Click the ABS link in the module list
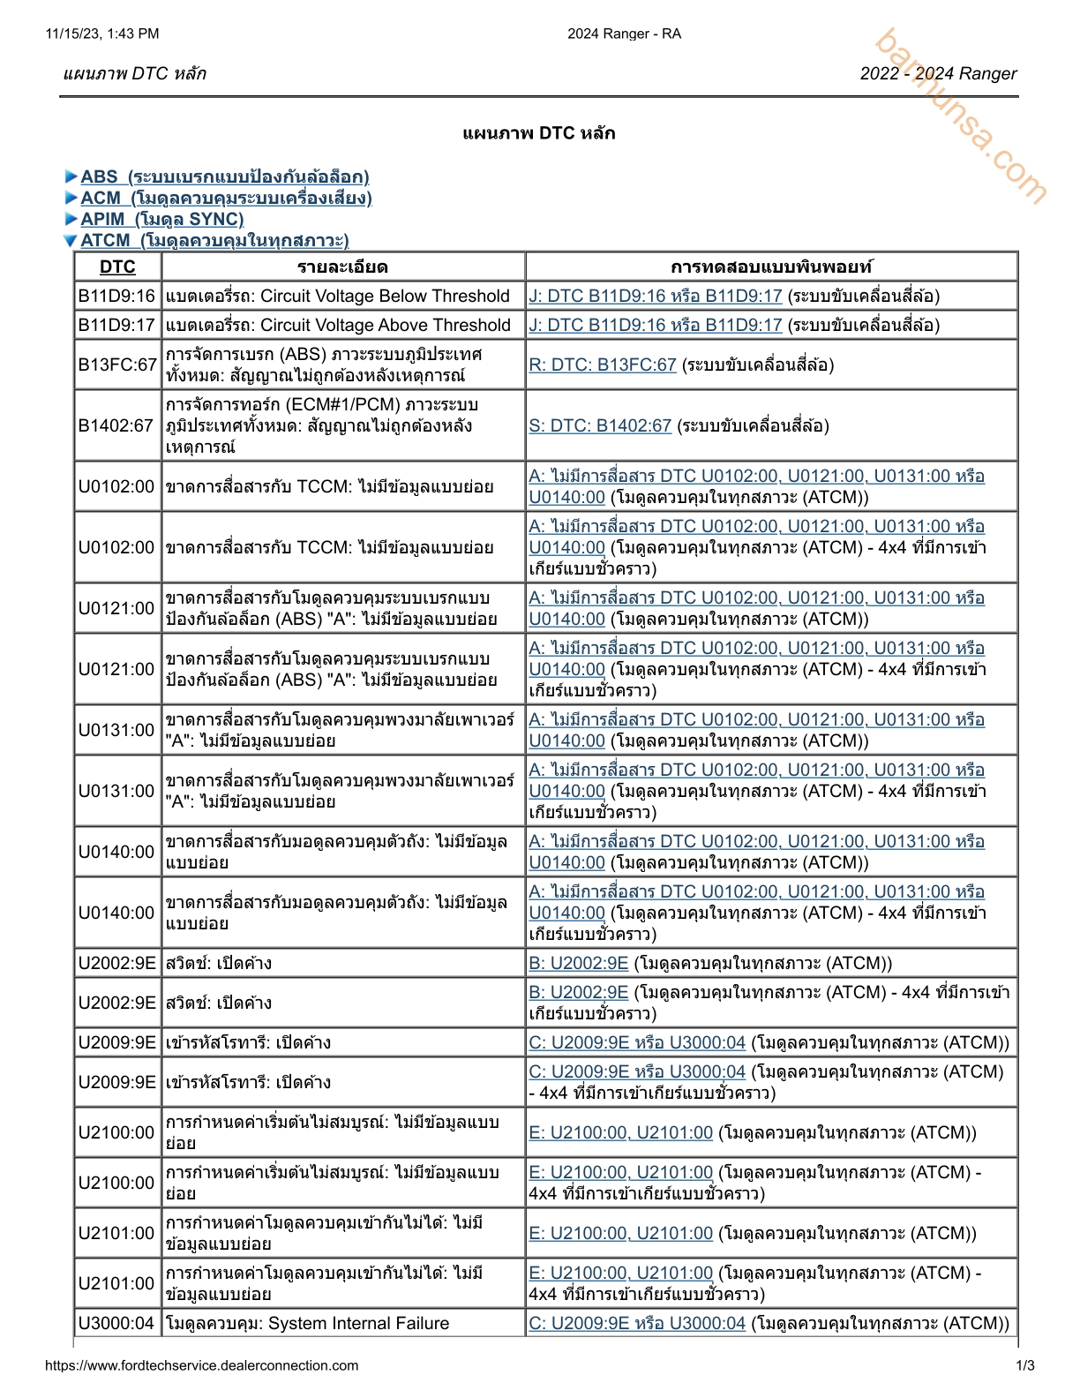coord(224,177)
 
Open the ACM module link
coord(226,198)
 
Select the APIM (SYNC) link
coord(161,219)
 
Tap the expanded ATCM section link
coord(214,240)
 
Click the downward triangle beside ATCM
coord(71,240)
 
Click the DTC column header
coord(117,267)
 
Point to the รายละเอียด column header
coord(342,267)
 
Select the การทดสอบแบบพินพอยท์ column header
coord(770,267)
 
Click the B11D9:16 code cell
coord(116,296)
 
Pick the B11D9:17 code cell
coord(116,325)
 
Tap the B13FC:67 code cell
coord(116,365)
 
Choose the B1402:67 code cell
coord(116,425)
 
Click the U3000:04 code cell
coord(116,1323)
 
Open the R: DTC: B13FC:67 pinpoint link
coord(602,365)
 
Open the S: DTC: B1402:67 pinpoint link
coord(600,425)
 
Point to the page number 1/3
coord(1025,1365)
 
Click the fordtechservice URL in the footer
coord(201,1365)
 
